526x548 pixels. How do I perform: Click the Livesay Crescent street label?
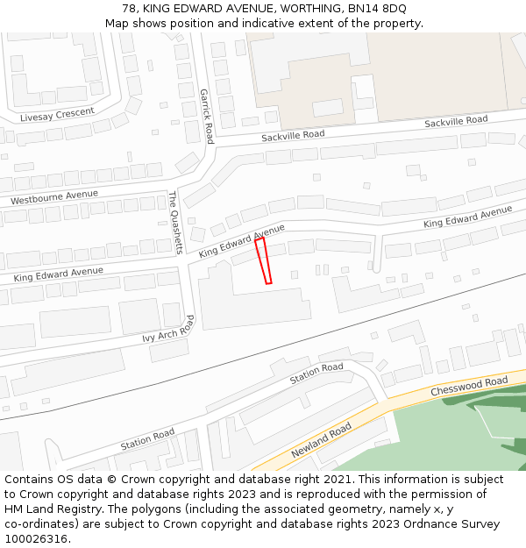tap(57, 115)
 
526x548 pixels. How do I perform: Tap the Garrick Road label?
tap(207, 116)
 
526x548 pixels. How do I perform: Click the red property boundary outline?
tap(263, 260)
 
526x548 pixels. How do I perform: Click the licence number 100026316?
tap(36, 539)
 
